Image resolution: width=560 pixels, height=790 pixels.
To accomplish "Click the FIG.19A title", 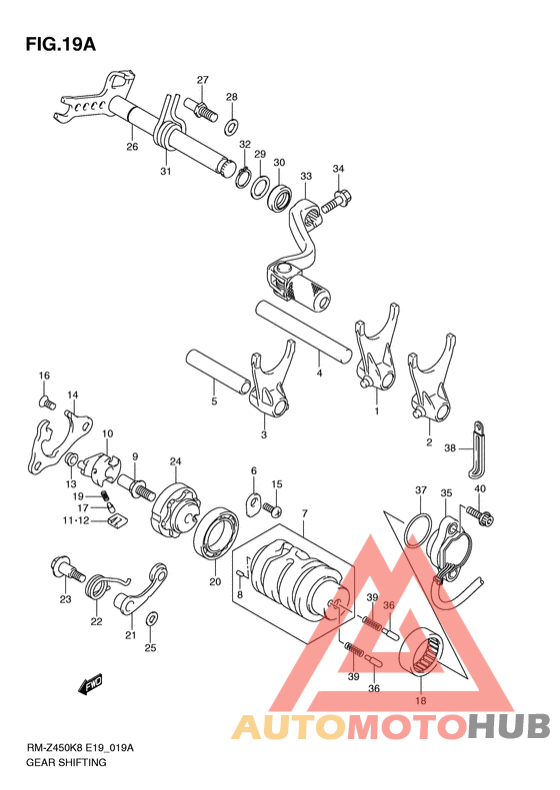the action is tap(61, 44).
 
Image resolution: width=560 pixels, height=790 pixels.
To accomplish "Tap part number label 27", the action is tap(202, 80).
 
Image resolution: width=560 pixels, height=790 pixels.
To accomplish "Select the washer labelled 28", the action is tap(231, 127).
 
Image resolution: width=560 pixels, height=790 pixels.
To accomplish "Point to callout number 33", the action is tap(306, 177).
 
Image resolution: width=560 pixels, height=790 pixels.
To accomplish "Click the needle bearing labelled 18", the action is tap(421, 650).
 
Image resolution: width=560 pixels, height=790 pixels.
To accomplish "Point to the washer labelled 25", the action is tap(151, 619).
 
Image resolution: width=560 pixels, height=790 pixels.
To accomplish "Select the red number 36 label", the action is tap(388, 605).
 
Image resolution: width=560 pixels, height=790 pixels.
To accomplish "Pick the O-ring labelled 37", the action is tap(418, 529).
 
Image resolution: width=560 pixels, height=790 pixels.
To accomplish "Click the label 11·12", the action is tap(76, 520).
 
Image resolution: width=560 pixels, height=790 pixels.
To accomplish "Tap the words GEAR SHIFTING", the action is tap(66, 762).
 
